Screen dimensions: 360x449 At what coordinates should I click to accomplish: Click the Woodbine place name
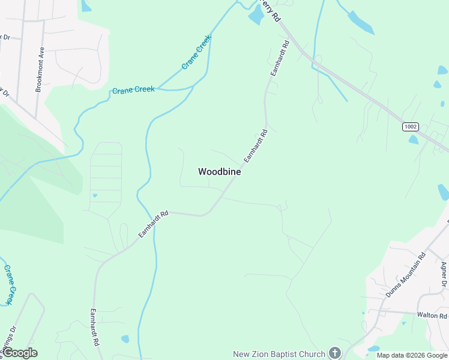[220, 172]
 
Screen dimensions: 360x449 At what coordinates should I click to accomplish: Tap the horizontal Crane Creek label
[133, 90]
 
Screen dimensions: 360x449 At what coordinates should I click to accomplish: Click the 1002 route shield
[411, 127]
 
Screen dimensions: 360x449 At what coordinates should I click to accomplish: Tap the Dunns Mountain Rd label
[406, 266]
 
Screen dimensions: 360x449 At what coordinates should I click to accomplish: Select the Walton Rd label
[432, 316]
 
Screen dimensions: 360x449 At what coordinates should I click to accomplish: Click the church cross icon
[335, 354]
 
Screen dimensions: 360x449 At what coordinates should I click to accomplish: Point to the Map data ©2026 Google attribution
[412, 355]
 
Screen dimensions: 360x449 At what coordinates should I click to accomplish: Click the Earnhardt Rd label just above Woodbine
[255, 146]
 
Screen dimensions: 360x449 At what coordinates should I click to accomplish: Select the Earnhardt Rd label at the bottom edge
[94, 328]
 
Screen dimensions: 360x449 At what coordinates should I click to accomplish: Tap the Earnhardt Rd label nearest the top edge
[280, 58]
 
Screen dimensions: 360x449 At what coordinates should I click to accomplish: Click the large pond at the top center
[256, 16]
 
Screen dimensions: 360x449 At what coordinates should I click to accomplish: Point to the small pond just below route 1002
[414, 140]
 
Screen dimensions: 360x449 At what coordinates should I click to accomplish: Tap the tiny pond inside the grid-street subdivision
[95, 195]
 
